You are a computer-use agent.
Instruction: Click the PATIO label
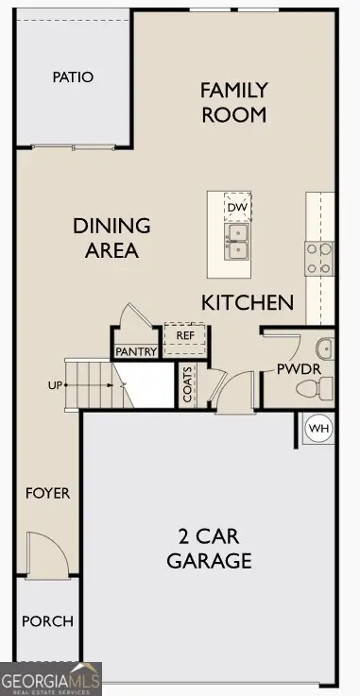(73, 76)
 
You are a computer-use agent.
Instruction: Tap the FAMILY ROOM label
(233, 102)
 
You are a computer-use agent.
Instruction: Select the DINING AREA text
(112, 238)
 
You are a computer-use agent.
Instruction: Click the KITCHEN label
(248, 302)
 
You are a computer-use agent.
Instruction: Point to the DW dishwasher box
(237, 207)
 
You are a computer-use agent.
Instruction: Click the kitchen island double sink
(237, 241)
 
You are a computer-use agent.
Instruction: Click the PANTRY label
(135, 351)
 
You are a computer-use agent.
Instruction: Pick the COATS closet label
(187, 384)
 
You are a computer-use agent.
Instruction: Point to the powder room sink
(325, 348)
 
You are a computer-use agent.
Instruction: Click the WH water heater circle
(319, 429)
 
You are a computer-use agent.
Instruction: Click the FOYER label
(47, 493)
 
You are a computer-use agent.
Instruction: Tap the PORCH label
(47, 621)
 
